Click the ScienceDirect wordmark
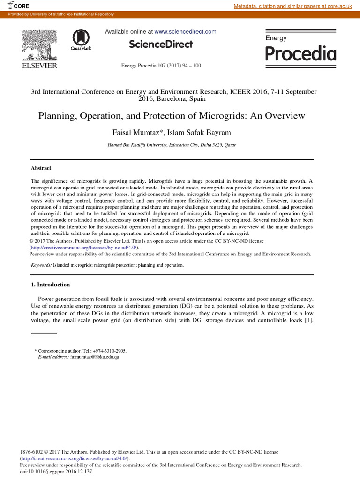pyautogui.click(x=161, y=45)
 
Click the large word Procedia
pyautogui.click(x=300, y=54)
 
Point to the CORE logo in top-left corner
pyautogui.click(x=17, y=6)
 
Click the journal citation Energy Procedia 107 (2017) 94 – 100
pyautogui.click(x=161, y=66)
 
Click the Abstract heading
pyautogui.click(x=41, y=168)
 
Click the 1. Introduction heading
pyautogui.click(x=50, y=285)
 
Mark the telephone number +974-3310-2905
pyautogui.click(x=108, y=351)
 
